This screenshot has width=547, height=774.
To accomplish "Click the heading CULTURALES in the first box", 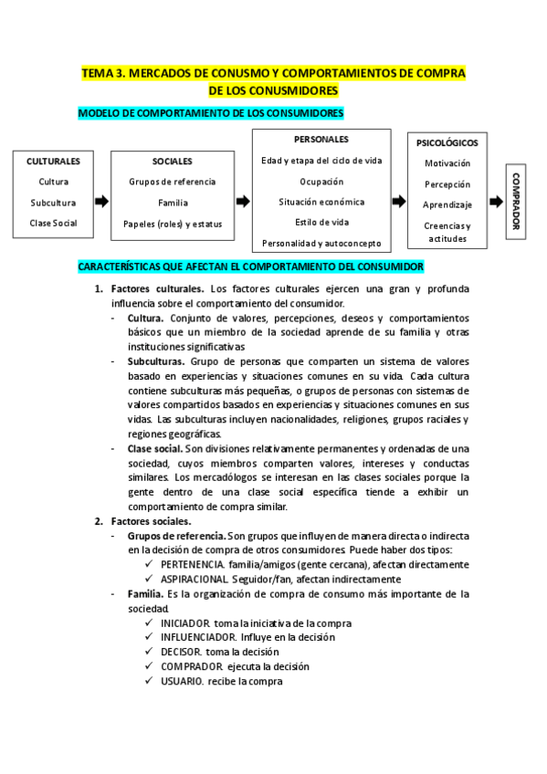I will (53, 161).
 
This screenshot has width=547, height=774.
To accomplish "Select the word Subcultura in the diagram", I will (53, 203).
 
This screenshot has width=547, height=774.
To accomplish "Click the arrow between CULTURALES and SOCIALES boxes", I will (101, 202).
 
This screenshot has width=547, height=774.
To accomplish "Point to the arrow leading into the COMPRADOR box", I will (496, 202).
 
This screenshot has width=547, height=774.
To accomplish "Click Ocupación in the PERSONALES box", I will (321, 182).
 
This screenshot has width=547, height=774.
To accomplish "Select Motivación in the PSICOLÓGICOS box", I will (447, 163).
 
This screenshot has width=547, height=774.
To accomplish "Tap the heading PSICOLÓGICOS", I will (447, 143).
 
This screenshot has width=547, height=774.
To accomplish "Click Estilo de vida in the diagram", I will (321, 222).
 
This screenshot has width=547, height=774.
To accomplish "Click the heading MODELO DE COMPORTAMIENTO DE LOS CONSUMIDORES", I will (211, 113).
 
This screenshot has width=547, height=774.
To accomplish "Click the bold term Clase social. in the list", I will (155, 448).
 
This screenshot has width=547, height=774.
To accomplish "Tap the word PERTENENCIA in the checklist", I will (192, 565).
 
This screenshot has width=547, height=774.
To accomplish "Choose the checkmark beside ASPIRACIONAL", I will (150, 579).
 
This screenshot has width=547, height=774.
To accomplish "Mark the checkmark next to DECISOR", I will (150, 652).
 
